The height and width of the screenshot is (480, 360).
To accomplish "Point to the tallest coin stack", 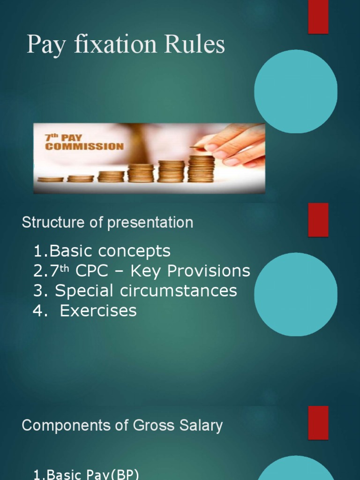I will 201,169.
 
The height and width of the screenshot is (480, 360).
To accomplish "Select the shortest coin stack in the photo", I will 50,179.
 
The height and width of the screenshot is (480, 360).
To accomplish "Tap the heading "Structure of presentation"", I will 107,222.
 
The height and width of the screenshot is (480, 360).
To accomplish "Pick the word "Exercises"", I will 98,310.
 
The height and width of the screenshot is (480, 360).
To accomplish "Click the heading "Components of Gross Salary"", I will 122,426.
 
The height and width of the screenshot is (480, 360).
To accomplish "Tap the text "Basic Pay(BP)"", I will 86,474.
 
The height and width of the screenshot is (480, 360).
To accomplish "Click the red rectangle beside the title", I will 318,17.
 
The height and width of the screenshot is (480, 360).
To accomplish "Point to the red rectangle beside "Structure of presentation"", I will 318,220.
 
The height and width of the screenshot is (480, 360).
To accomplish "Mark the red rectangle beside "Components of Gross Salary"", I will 318,422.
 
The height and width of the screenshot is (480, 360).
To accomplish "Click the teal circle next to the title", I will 295,91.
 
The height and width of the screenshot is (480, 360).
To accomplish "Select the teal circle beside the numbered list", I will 295,294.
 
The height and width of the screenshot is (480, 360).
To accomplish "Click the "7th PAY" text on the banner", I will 63,138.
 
